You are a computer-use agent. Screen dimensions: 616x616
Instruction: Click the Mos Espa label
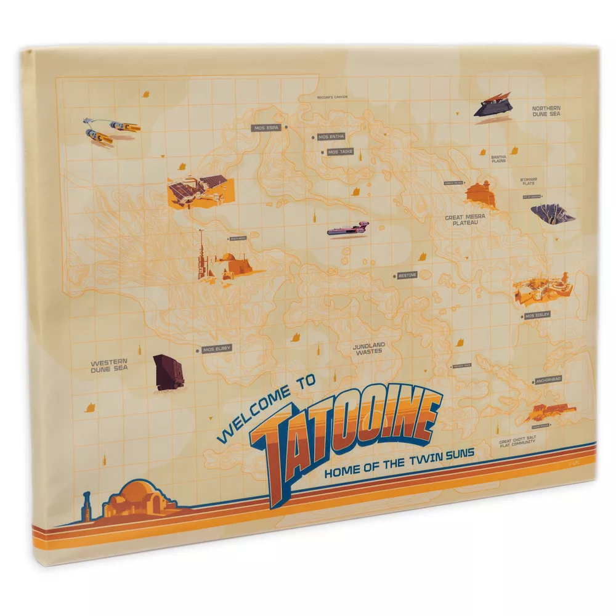267,128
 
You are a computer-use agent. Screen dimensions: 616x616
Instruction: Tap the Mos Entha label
331,137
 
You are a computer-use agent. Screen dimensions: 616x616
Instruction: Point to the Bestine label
407,275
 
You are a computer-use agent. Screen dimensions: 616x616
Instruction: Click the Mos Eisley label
537,315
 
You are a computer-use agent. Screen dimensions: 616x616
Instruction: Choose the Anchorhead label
548,380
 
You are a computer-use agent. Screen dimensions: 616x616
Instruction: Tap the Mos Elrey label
216,349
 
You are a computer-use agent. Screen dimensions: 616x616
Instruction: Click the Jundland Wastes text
368,348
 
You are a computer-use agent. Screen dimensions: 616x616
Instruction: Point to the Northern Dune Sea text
546,111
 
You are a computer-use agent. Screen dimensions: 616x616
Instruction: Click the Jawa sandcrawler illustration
168,371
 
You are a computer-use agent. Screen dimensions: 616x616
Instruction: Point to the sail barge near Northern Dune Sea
493,106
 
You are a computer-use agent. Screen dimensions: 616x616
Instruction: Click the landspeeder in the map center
348,230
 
